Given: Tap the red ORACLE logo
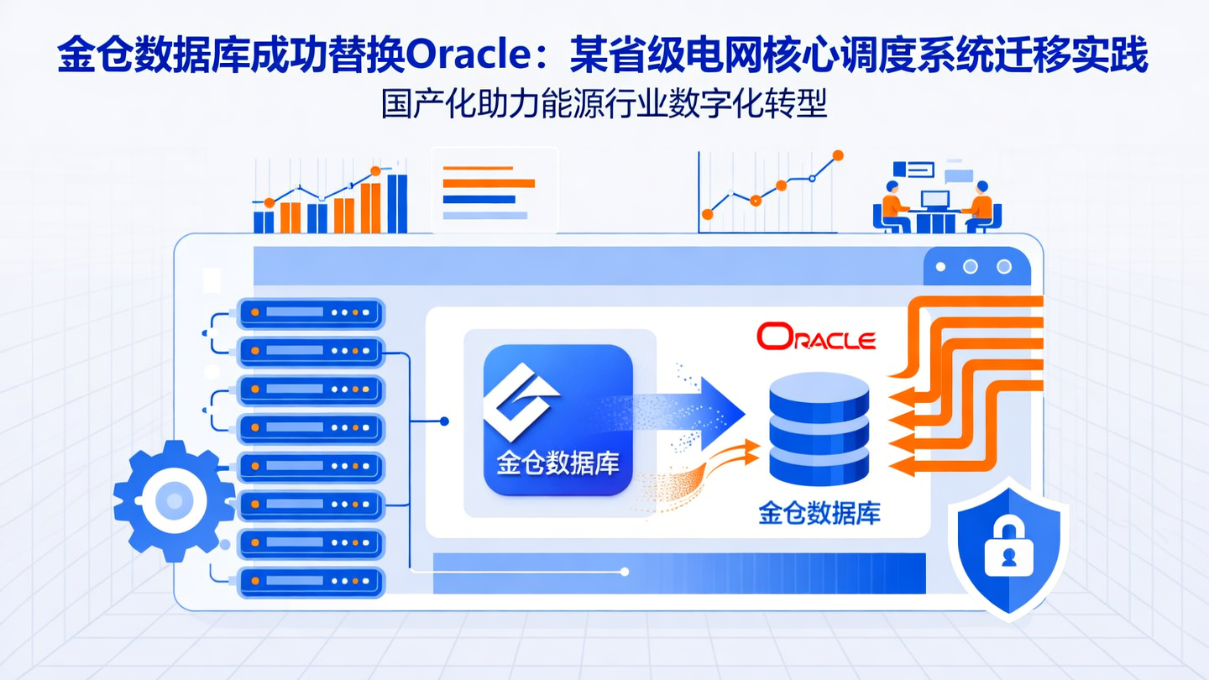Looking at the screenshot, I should (816, 337).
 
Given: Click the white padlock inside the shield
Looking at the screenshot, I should (1008, 547).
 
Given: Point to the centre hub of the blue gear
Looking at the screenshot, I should (175, 501).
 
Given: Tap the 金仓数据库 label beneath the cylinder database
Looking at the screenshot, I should (819, 513).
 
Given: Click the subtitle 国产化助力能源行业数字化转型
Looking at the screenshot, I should (604, 105).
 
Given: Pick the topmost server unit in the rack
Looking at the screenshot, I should (311, 312).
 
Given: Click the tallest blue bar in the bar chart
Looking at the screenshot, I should (397, 203).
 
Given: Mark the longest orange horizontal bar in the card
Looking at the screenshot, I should (489, 183).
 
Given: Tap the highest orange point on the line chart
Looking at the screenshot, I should (836, 155).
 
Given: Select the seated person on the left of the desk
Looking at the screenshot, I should (892, 205).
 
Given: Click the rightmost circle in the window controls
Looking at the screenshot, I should (1003, 267).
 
